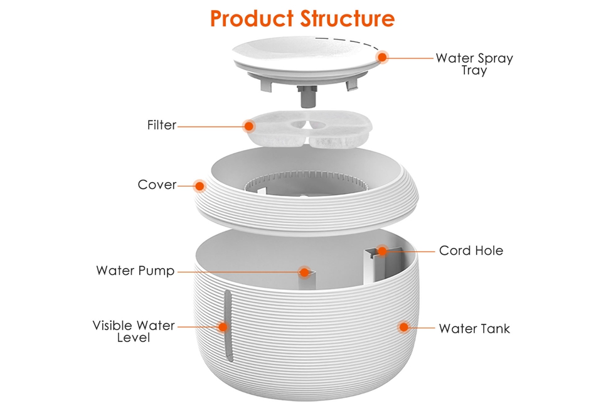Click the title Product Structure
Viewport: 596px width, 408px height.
(302, 19)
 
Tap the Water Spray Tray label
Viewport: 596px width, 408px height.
(474, 64)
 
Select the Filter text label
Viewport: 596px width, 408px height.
(162, 125)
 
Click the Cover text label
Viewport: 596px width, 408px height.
(157, 185)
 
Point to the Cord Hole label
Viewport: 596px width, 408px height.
(471, 250)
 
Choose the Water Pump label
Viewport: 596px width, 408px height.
(136, 271)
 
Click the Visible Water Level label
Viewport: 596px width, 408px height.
(134, 331)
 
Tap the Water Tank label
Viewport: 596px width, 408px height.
(474, 328)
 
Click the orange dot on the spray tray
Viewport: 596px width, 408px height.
(383, 57)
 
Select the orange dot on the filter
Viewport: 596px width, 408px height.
(249, 126)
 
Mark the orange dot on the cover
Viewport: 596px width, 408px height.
(199, 186)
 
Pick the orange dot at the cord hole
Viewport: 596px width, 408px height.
(382, 250)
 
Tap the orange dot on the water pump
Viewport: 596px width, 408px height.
(304, 272)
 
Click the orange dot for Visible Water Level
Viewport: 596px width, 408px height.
(223, 326)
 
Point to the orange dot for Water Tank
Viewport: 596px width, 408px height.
(403, 327)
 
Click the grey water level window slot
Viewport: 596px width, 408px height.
(228, 325)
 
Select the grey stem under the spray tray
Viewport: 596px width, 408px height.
(308, 97)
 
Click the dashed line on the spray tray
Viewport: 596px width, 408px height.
(347, 42)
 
